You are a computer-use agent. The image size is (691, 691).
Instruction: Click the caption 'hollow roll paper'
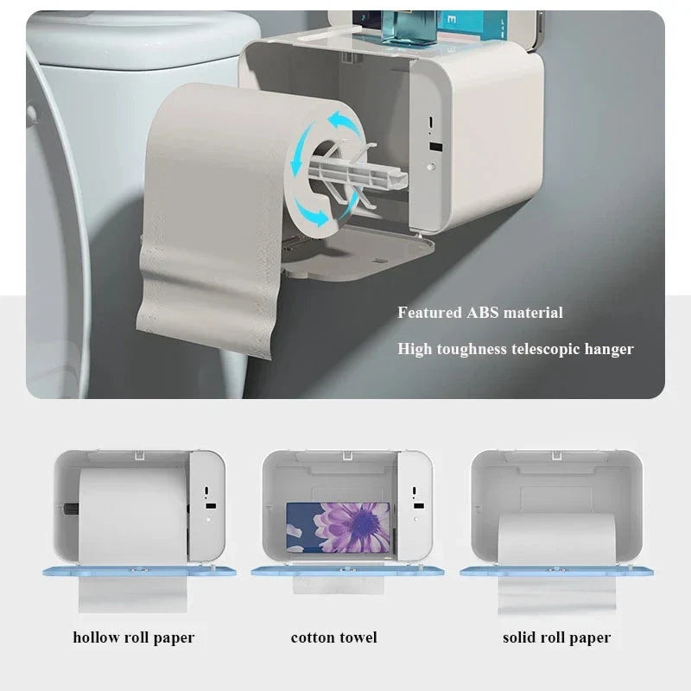coord(133,638)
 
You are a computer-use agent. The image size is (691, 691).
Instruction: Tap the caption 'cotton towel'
coord(333,638)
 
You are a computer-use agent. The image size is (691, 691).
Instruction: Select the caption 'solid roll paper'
coord(556,638)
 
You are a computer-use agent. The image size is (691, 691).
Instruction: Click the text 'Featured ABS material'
coord(479,313)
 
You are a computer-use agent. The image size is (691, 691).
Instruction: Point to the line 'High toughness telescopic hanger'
coord(516,349)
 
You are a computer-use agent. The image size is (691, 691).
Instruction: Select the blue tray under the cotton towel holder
coord(346,572)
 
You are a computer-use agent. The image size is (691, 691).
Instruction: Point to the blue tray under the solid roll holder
coord(556,572)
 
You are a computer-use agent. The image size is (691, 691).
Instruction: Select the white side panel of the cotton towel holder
coord(414,505)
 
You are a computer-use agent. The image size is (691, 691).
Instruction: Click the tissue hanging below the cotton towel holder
coord(337,586)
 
